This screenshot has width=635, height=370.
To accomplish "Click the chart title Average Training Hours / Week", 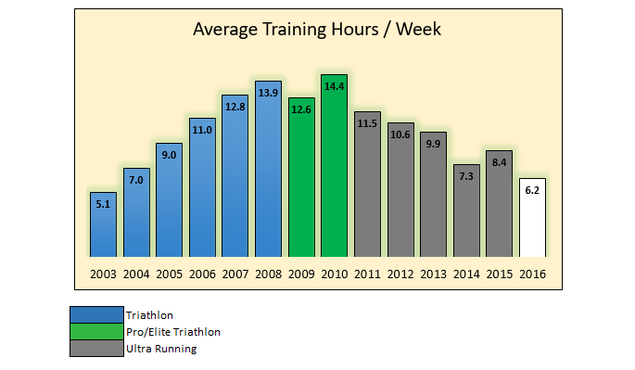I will point(317,29).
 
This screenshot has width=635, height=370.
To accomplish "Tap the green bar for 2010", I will point(334,167).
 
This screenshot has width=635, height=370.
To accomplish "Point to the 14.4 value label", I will point(334,86).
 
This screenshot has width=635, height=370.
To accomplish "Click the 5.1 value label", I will point(103,204).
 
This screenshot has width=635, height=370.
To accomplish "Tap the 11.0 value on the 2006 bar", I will point(202,130).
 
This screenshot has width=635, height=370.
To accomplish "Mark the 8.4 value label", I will point(499,162).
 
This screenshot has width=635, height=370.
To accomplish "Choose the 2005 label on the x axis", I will point(169,274).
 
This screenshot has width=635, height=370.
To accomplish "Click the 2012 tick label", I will point(400,274).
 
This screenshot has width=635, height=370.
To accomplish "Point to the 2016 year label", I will point(532,274).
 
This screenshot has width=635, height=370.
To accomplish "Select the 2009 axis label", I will point(301,274).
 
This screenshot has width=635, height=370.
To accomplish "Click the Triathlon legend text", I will point(148,315).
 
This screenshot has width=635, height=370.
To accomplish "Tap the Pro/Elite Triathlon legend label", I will point(173,332).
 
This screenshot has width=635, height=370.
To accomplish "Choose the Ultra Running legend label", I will point(161,349).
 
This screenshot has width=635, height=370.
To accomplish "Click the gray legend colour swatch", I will point(96,349).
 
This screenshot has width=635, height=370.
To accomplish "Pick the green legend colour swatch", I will point(96,332).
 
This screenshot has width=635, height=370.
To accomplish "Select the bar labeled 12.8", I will point(235,176).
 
